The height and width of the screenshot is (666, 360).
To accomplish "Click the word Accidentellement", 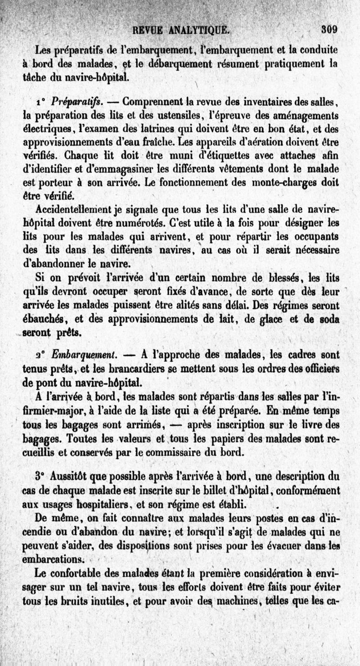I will pyautogui.click(x=72, y=210).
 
